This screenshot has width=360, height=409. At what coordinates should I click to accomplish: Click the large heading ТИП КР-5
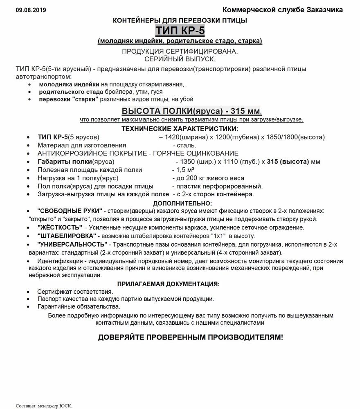click(180, 31)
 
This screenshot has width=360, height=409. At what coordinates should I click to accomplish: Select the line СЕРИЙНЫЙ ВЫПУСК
click(180, 59)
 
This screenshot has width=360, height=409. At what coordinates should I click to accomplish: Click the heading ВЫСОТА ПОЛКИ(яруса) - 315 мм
click(191, 111)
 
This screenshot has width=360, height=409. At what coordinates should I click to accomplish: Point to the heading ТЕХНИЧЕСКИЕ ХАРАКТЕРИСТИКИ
click(180, 129)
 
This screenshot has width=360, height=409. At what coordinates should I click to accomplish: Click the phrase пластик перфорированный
click(216, 186)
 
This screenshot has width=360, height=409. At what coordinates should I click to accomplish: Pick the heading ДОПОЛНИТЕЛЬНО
click(182, 203)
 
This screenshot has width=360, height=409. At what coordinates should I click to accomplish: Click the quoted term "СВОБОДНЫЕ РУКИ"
click(70, 211)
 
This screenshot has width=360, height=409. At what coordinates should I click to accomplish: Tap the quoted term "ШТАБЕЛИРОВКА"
click(67, 236)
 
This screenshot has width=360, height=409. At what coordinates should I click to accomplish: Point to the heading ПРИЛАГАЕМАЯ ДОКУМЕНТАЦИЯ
click(168, 284)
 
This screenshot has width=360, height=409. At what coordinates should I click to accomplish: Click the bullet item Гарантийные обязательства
click(79, 306)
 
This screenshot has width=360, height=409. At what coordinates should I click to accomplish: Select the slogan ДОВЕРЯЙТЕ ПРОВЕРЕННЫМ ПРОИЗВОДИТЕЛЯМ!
click(190, 337)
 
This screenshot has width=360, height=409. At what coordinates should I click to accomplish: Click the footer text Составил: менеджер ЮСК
click(44, 406)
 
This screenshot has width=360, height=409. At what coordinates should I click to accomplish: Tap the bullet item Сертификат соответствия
click(75, 292)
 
